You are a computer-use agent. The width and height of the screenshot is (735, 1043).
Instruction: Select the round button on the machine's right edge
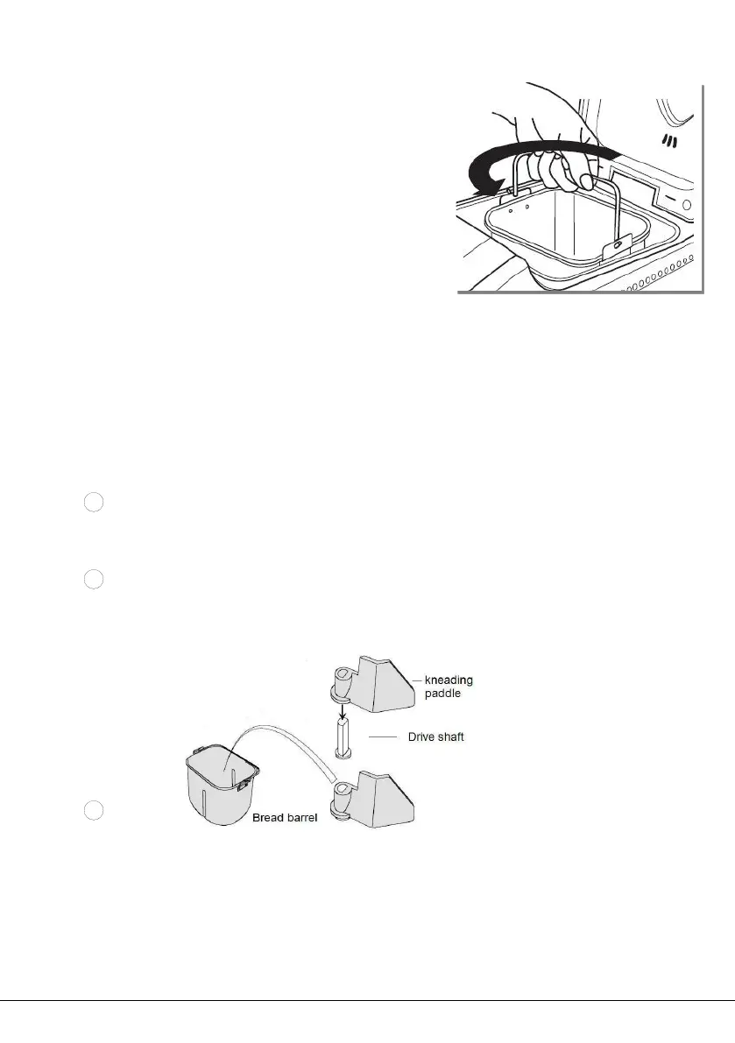686,205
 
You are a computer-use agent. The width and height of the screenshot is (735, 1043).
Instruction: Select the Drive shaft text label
435,737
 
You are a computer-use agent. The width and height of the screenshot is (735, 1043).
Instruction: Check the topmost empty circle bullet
95,503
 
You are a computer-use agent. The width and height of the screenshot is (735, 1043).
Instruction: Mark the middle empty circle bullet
95,579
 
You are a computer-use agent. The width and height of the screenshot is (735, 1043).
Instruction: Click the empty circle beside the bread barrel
95,811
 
